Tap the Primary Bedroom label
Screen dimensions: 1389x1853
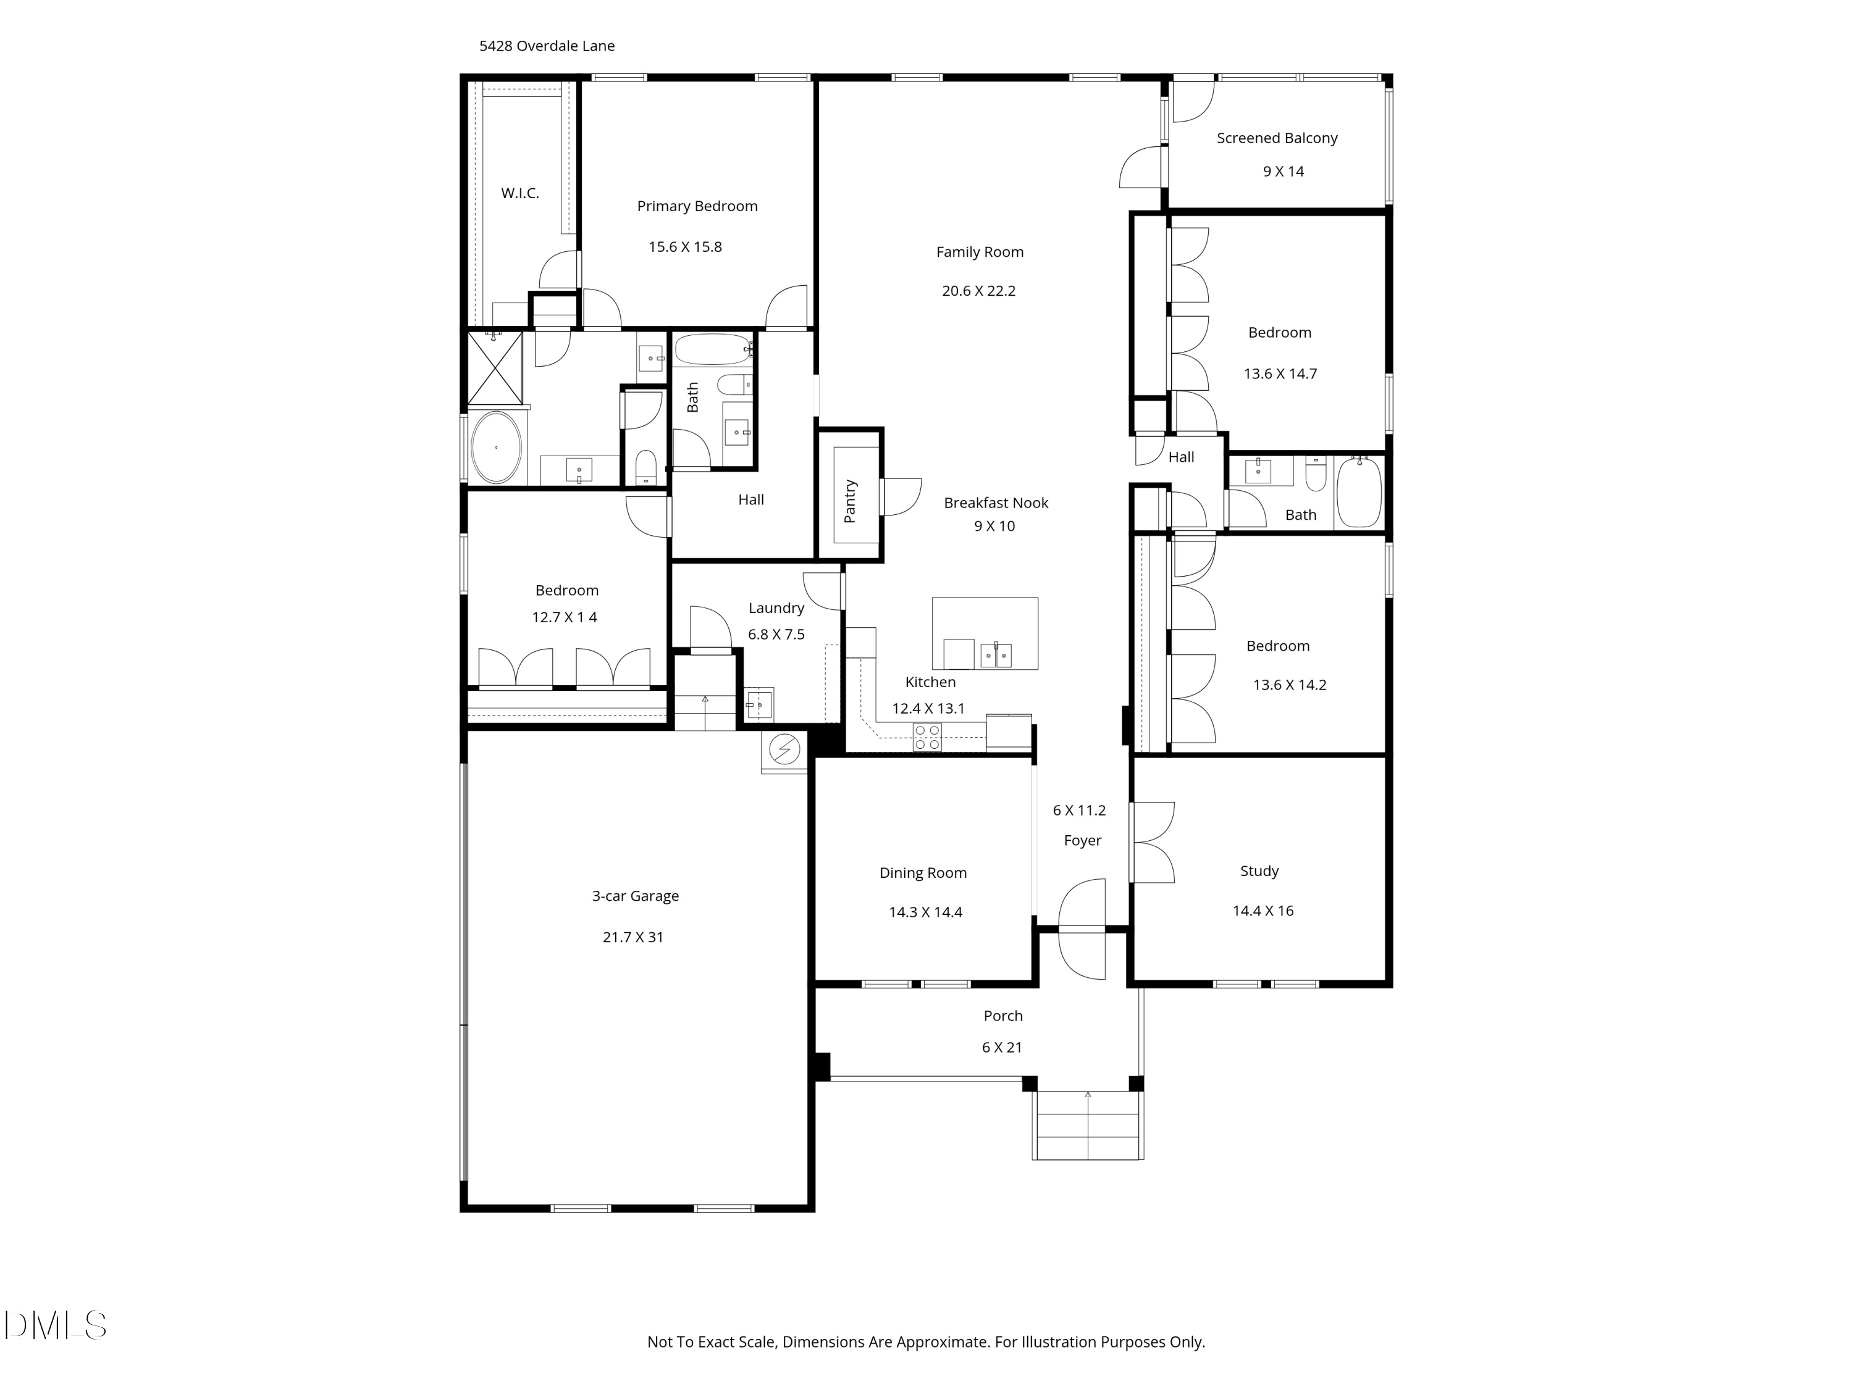coord(697,206)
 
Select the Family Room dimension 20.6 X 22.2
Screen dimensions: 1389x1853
coord(978,291)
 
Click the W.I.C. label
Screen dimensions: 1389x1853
coord(519,193)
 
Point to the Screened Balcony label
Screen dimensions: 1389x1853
coord(1277,138)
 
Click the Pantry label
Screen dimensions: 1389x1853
coord(851,501)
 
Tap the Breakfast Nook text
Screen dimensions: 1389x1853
coord(995,503)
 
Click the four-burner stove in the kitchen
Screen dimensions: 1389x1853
coord(927,736)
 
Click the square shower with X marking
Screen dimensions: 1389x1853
coord(494,367)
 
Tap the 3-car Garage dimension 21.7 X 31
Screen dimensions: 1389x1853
coord(632,937)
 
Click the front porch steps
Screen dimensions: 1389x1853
coord(1087,1125)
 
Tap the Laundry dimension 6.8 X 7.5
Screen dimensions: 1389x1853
coord(776,634)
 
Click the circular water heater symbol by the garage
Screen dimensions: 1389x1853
coord(784,749)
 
